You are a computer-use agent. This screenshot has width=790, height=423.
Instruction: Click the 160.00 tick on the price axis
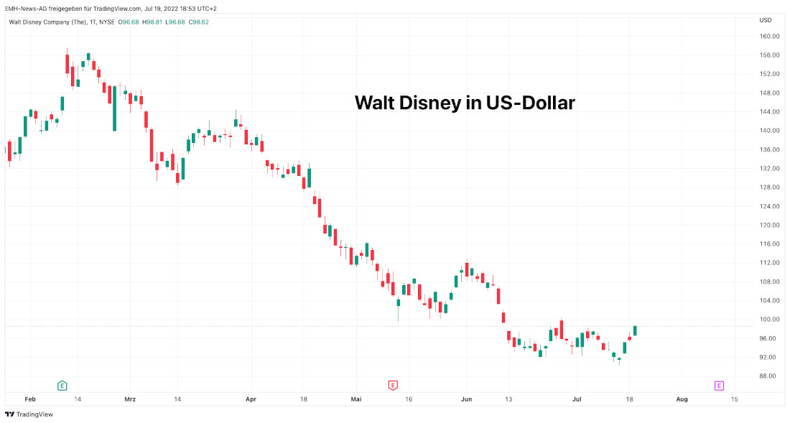point(770,36)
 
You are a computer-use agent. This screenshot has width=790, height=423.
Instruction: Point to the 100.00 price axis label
point(770,320)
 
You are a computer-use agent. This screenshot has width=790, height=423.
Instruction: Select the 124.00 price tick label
point(770,206)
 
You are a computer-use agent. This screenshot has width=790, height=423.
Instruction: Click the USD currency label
point(766,20)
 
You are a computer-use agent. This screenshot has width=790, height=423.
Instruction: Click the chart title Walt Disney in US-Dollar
point(465,103)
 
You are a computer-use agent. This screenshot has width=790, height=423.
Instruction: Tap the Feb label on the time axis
point(29,399)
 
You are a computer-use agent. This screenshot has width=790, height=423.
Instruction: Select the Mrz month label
point(130,399)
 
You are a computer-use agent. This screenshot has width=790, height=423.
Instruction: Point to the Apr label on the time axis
point(251,399)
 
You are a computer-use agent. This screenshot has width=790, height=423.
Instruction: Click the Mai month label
point(357,399)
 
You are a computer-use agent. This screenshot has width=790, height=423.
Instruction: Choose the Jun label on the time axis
point(466,399)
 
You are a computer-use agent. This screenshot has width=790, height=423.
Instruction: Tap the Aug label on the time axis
point(682,399)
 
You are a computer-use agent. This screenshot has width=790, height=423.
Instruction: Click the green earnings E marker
point(62,386)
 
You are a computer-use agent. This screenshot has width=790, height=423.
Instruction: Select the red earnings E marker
point(393,386)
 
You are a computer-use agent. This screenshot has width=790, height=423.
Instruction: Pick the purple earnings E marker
point(719,386)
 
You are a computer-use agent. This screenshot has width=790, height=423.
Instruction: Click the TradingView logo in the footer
point(29,414)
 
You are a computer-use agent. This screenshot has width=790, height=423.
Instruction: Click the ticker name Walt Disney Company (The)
point(42,22)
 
